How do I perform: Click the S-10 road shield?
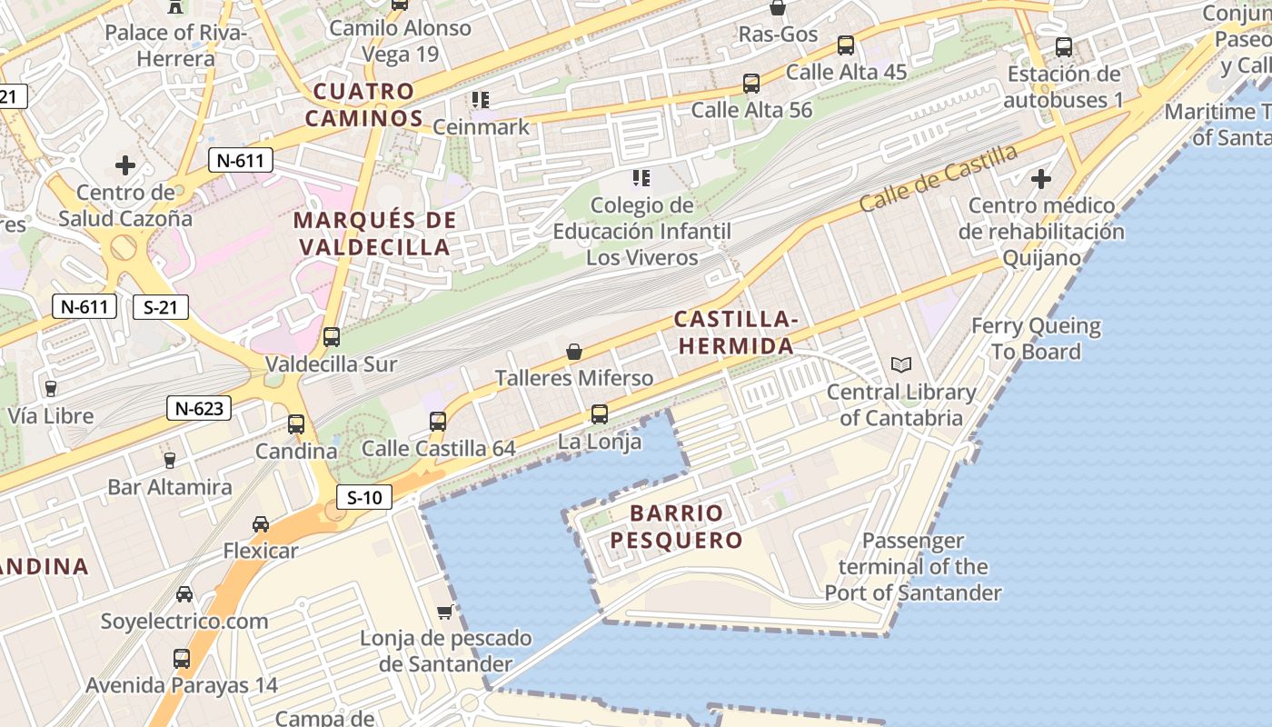point(364,497)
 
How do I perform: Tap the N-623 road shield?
point(199,408)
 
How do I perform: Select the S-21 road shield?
point(161,307)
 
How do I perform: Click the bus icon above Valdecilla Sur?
point(332,337)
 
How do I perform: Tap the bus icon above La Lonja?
point(600,414)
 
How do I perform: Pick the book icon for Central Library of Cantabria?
point(901,365)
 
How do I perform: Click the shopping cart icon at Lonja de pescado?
point(445,612)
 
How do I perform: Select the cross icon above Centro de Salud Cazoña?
point(125,165)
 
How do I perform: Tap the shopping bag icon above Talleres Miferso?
point(574,352)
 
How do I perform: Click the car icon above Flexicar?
point(261,524)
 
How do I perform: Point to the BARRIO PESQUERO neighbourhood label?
point(676,527)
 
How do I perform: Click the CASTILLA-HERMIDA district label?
point(736,333)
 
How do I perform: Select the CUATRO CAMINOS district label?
point(363,105)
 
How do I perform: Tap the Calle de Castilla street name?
point(938,178)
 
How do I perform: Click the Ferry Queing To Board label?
point(1036,338)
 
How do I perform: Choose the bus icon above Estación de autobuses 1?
point(1064,46)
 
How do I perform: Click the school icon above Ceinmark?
point(480,99)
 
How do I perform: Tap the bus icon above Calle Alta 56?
point(751,84)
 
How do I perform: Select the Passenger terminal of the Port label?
point(913,567)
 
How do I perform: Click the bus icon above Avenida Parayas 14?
point(182,659)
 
